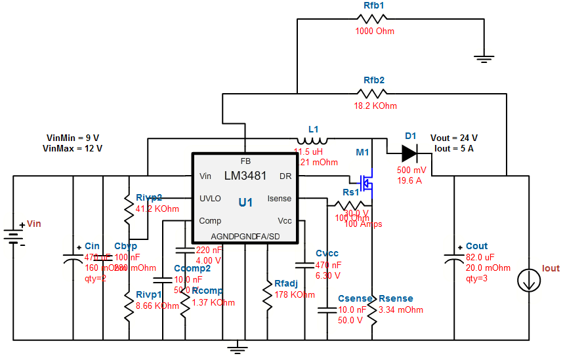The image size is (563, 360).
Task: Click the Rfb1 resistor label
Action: click(x=373, y=5)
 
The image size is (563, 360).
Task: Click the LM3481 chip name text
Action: click(x=246, y=176)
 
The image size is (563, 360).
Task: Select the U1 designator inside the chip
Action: click(x=245, y=203)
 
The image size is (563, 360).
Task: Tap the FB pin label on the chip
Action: click(x=245, y=161)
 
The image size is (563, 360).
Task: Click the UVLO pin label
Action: click(x=210, y=199)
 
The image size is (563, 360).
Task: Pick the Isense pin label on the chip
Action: click(x=280, y=199)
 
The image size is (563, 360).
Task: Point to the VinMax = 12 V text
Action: click(x=73, y=148)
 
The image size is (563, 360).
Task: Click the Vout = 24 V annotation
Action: click(x=453, y=138)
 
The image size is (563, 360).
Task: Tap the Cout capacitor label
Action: click(x=477, y=247)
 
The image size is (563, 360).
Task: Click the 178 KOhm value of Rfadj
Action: click(x=294, y=294)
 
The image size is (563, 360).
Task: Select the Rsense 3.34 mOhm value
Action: click(x=401, y=310)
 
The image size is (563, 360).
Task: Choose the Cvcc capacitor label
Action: click(x=327, y=254)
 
